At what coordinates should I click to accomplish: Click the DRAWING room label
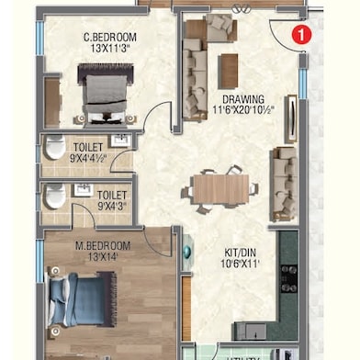pyautogui.click(x=243, y=99)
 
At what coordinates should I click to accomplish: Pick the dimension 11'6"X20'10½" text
pyautogui.click(x=243, y=110)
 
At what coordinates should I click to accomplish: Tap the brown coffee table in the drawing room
pyautogui.click(x=229, y=71)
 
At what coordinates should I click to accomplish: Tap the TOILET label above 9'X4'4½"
pyautogui.click(x=88, y=147)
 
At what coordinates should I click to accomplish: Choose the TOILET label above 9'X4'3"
pyautogui.click(x=111, y=196)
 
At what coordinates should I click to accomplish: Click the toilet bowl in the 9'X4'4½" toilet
pyautogui.click(x=54, y=149)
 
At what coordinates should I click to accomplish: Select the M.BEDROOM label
pyautogui.click(x=102, y=245)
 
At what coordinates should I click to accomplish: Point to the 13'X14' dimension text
pyautogui.click(x=102, y=257)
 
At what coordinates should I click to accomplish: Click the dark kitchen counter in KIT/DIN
pyautogui.click(x=287, y=276)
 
